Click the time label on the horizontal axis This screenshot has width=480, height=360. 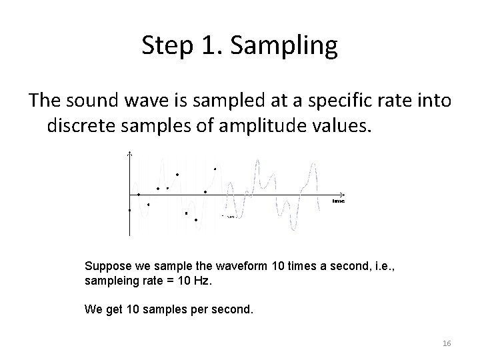339,201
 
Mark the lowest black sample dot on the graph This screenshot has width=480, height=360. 196,220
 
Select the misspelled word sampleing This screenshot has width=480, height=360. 113,281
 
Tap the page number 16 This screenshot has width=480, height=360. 447,343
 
